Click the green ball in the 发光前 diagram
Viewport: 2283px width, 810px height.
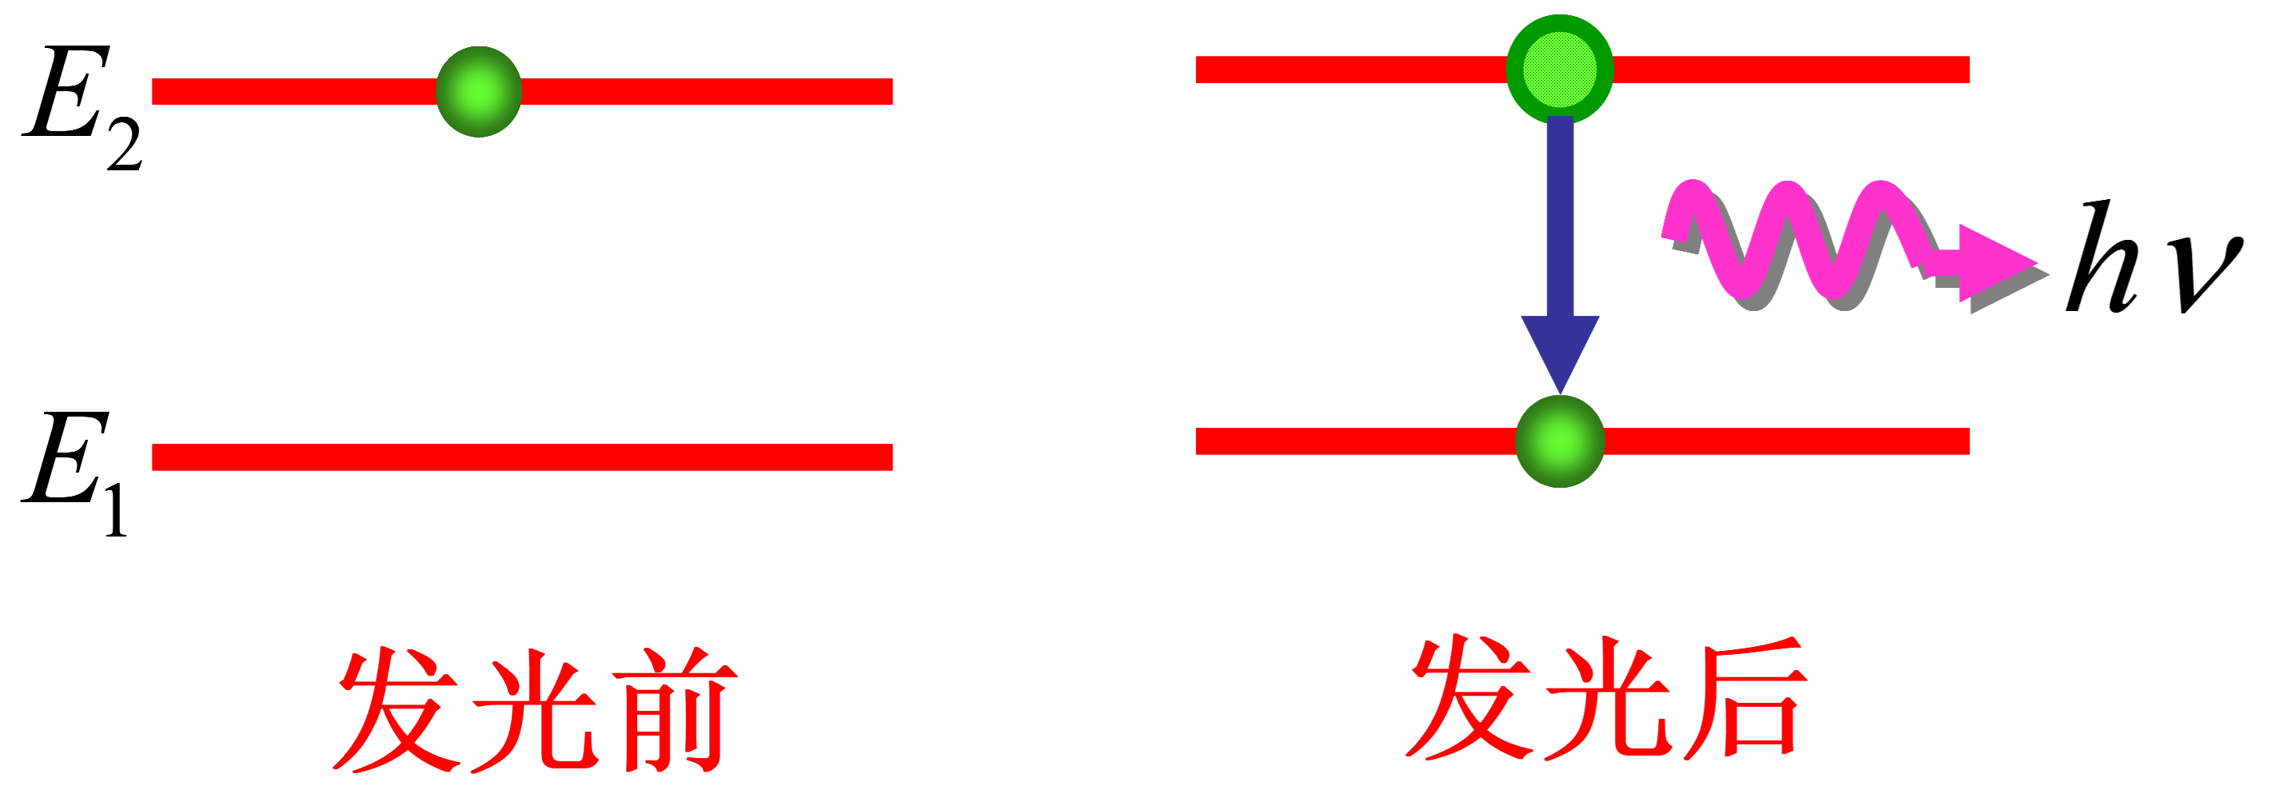(479, 91)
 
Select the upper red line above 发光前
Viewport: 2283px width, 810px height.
(709, 91)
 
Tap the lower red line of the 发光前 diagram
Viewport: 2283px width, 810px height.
(523, 457)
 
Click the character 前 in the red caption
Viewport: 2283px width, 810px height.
(675, 710)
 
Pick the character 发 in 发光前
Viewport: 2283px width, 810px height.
(398, 710)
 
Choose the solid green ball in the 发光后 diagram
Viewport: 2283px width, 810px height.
(1560, 441)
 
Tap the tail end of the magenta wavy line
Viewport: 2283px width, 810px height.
(1675, 221)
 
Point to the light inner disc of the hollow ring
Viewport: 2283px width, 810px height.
(1560, 69)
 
